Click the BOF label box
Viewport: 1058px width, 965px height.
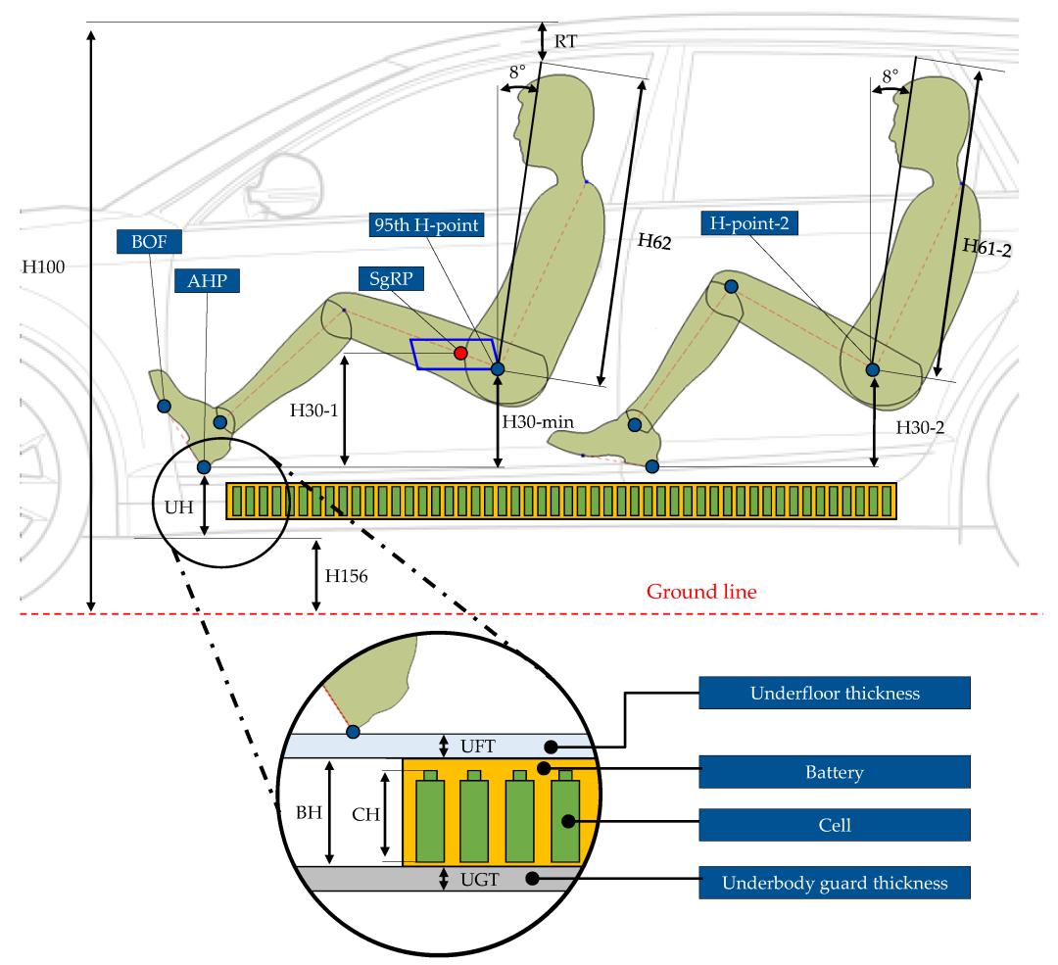pos(149,242)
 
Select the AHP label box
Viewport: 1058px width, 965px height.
pos(207,281)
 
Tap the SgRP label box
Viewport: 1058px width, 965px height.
pos(391,278)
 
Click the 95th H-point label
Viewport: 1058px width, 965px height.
pos(426,224)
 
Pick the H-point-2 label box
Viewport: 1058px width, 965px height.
pos(749,223)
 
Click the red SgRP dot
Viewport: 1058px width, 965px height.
pos(460,353)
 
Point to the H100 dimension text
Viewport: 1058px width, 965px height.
pos(44,267)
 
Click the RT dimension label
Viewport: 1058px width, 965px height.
pos(565,42)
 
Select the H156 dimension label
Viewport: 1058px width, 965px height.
pos(346,576)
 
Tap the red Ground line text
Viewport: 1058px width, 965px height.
pos(701,592)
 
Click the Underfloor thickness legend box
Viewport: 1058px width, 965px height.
pos(835,693)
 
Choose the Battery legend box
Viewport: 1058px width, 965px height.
pos(835,772)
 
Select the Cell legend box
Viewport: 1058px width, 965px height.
pos(835,825)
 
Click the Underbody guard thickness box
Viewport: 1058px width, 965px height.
pos(835,883)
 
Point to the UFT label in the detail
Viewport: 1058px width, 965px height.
pos(478,747)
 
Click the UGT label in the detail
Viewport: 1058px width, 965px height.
pos(480,880)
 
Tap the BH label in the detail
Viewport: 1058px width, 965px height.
pos(309,812)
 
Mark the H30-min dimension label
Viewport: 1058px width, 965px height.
pos(538,422)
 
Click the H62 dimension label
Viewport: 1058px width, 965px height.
pos(654,242)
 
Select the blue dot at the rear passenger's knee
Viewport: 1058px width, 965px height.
pos(731,287)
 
